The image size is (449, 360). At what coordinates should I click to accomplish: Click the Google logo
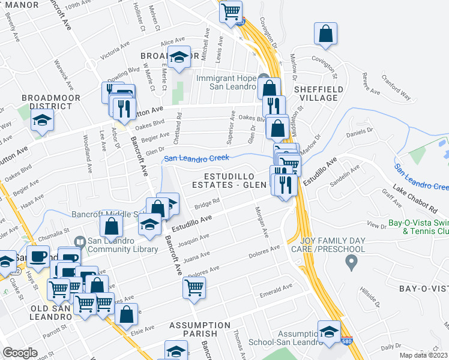point(20,353)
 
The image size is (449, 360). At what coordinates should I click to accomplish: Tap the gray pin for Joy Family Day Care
point(352,261)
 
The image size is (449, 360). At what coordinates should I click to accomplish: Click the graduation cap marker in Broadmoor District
point(41,122)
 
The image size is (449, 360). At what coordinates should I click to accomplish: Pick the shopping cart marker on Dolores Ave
point(194,288)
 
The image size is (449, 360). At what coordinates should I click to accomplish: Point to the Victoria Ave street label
point(115,52)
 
